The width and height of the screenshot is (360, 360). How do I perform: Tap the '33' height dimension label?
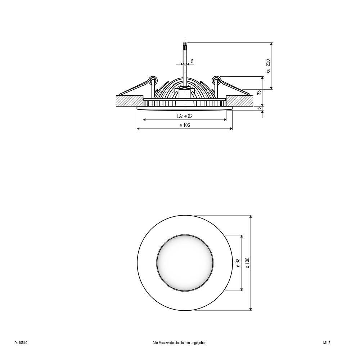click(259, 93)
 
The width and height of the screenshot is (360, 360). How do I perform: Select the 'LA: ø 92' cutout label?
click(185, 116)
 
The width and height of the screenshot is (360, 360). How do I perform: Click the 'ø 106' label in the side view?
click(185, 125)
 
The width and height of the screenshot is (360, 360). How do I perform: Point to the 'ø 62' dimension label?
click(238, 263)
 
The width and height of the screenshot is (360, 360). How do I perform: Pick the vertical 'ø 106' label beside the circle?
click(248, 263)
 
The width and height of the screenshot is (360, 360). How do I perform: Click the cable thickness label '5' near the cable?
click(192, 61)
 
